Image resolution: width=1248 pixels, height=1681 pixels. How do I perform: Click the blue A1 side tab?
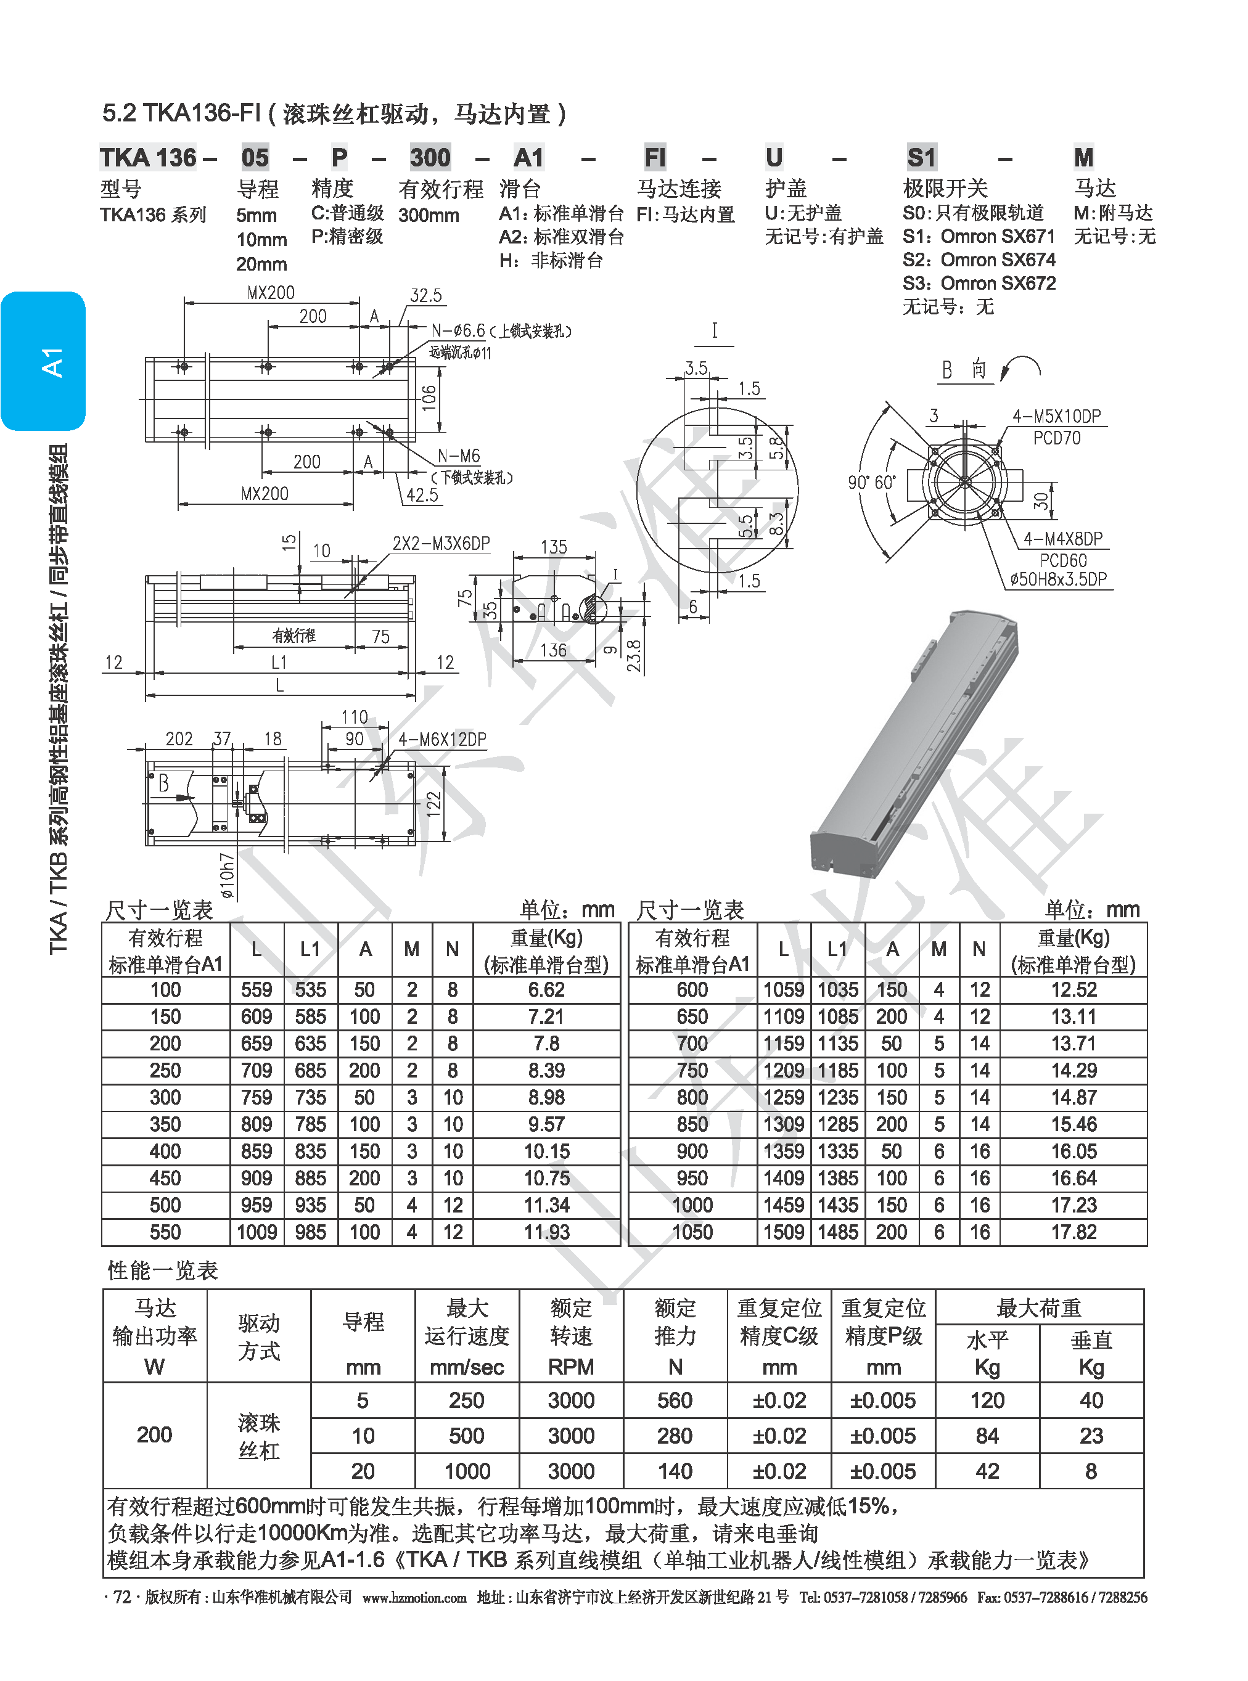pos(43,361)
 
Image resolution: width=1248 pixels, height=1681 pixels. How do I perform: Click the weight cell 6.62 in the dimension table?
pos(546,990)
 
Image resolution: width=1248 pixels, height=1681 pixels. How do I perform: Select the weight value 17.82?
pos(1073,1232)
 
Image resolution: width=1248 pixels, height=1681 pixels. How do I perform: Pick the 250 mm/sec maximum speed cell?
pos(466,1401)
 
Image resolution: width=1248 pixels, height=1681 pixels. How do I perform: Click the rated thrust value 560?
pos(675,1401)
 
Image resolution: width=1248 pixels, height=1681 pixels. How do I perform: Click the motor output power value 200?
pos(154,1435)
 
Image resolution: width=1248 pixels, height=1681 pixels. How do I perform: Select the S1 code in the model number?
pos(921,158)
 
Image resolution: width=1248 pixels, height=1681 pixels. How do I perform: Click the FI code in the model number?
pos(654,158)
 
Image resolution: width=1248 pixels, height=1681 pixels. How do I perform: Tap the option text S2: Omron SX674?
pos(979,260)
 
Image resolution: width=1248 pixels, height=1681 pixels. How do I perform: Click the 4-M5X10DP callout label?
pos(1056,416)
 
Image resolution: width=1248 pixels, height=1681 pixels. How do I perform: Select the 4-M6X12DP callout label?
pos(442,739)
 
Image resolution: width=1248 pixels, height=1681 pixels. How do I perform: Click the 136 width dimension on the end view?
pos(553,650)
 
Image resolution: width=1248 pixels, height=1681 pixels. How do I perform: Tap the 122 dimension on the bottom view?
pos(433,803)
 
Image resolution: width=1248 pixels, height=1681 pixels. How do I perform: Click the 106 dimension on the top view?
pos(429,398)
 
